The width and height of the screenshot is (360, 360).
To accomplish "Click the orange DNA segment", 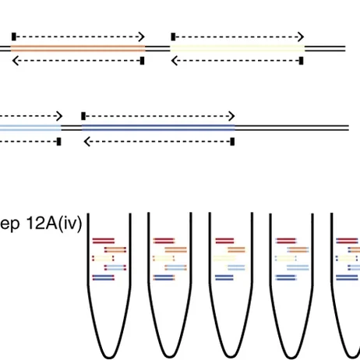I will (x=78, y=48).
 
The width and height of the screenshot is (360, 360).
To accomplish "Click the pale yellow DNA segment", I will (x=237, y=48).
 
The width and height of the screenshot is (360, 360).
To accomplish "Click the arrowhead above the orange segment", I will (x=142, y=37).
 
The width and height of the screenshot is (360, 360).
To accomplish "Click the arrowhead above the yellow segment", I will (x=301, y=37).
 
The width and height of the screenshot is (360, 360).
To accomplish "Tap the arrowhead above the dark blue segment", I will (x=232, y=115).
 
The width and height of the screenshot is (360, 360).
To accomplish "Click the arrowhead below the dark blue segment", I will (x=86, y=142).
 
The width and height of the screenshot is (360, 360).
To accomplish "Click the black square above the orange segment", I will (x=13, y=36).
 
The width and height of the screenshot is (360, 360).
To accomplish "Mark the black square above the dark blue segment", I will (x=83, y=115).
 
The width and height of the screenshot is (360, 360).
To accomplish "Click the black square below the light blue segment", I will (x=59, y=141).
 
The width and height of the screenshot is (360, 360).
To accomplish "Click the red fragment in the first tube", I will (x=104, y=241).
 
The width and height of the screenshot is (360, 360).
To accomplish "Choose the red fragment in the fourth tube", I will (x=284, y=241).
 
